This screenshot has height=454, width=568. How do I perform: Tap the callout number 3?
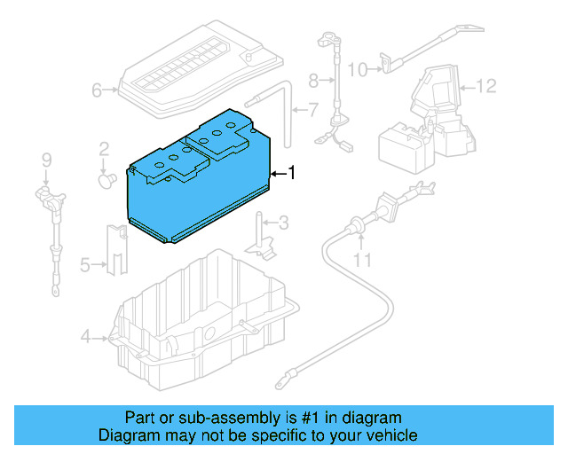(283, 222)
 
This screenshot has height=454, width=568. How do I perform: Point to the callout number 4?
(85, 336)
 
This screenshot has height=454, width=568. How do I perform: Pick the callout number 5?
(85, 263)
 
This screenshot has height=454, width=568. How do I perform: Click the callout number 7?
(312, 111)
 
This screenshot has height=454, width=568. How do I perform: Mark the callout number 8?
(312, 81)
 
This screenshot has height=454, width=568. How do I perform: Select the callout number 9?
(46, 160)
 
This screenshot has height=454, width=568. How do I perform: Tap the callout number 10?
(357, 68)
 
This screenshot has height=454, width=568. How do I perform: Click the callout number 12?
(485, 86)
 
